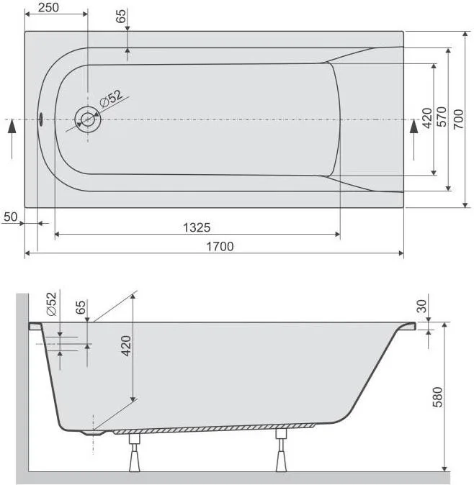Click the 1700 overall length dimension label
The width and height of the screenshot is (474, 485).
point(220,247)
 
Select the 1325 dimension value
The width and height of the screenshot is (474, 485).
point(197,227)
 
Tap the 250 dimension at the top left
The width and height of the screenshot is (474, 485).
point(48,7)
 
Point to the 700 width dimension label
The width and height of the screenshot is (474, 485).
point(458,119)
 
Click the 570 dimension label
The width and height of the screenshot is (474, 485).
point(442,117)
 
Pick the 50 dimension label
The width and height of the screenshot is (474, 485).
point(11,217)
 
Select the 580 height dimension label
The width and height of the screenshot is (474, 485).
point(437,396)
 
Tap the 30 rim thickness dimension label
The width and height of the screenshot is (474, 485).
point(421,307)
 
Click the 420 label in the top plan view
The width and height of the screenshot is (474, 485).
point(427,118)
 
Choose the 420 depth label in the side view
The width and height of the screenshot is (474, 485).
point(126,346)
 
